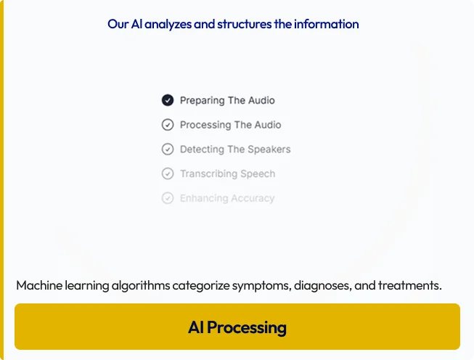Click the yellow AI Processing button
[x=237, y=327]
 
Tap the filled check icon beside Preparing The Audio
[x=168, y=100]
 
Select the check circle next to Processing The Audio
[x=168, y=125]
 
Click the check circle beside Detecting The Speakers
[x=168, y=149]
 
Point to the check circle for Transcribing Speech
[x=168, y=173]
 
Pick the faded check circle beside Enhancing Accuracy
[x=168, y=198]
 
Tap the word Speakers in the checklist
[x=269, y=150]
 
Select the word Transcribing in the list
[x=209, y=174]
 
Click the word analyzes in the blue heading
[x=168, y=24]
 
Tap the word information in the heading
[x=327, y=24]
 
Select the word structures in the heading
[x=244, y=24]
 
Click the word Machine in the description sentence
[x=39, y=285]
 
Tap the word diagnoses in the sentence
[x=323, y=286]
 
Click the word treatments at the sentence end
[x=410, y=285]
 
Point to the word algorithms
[x=141, y=286]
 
